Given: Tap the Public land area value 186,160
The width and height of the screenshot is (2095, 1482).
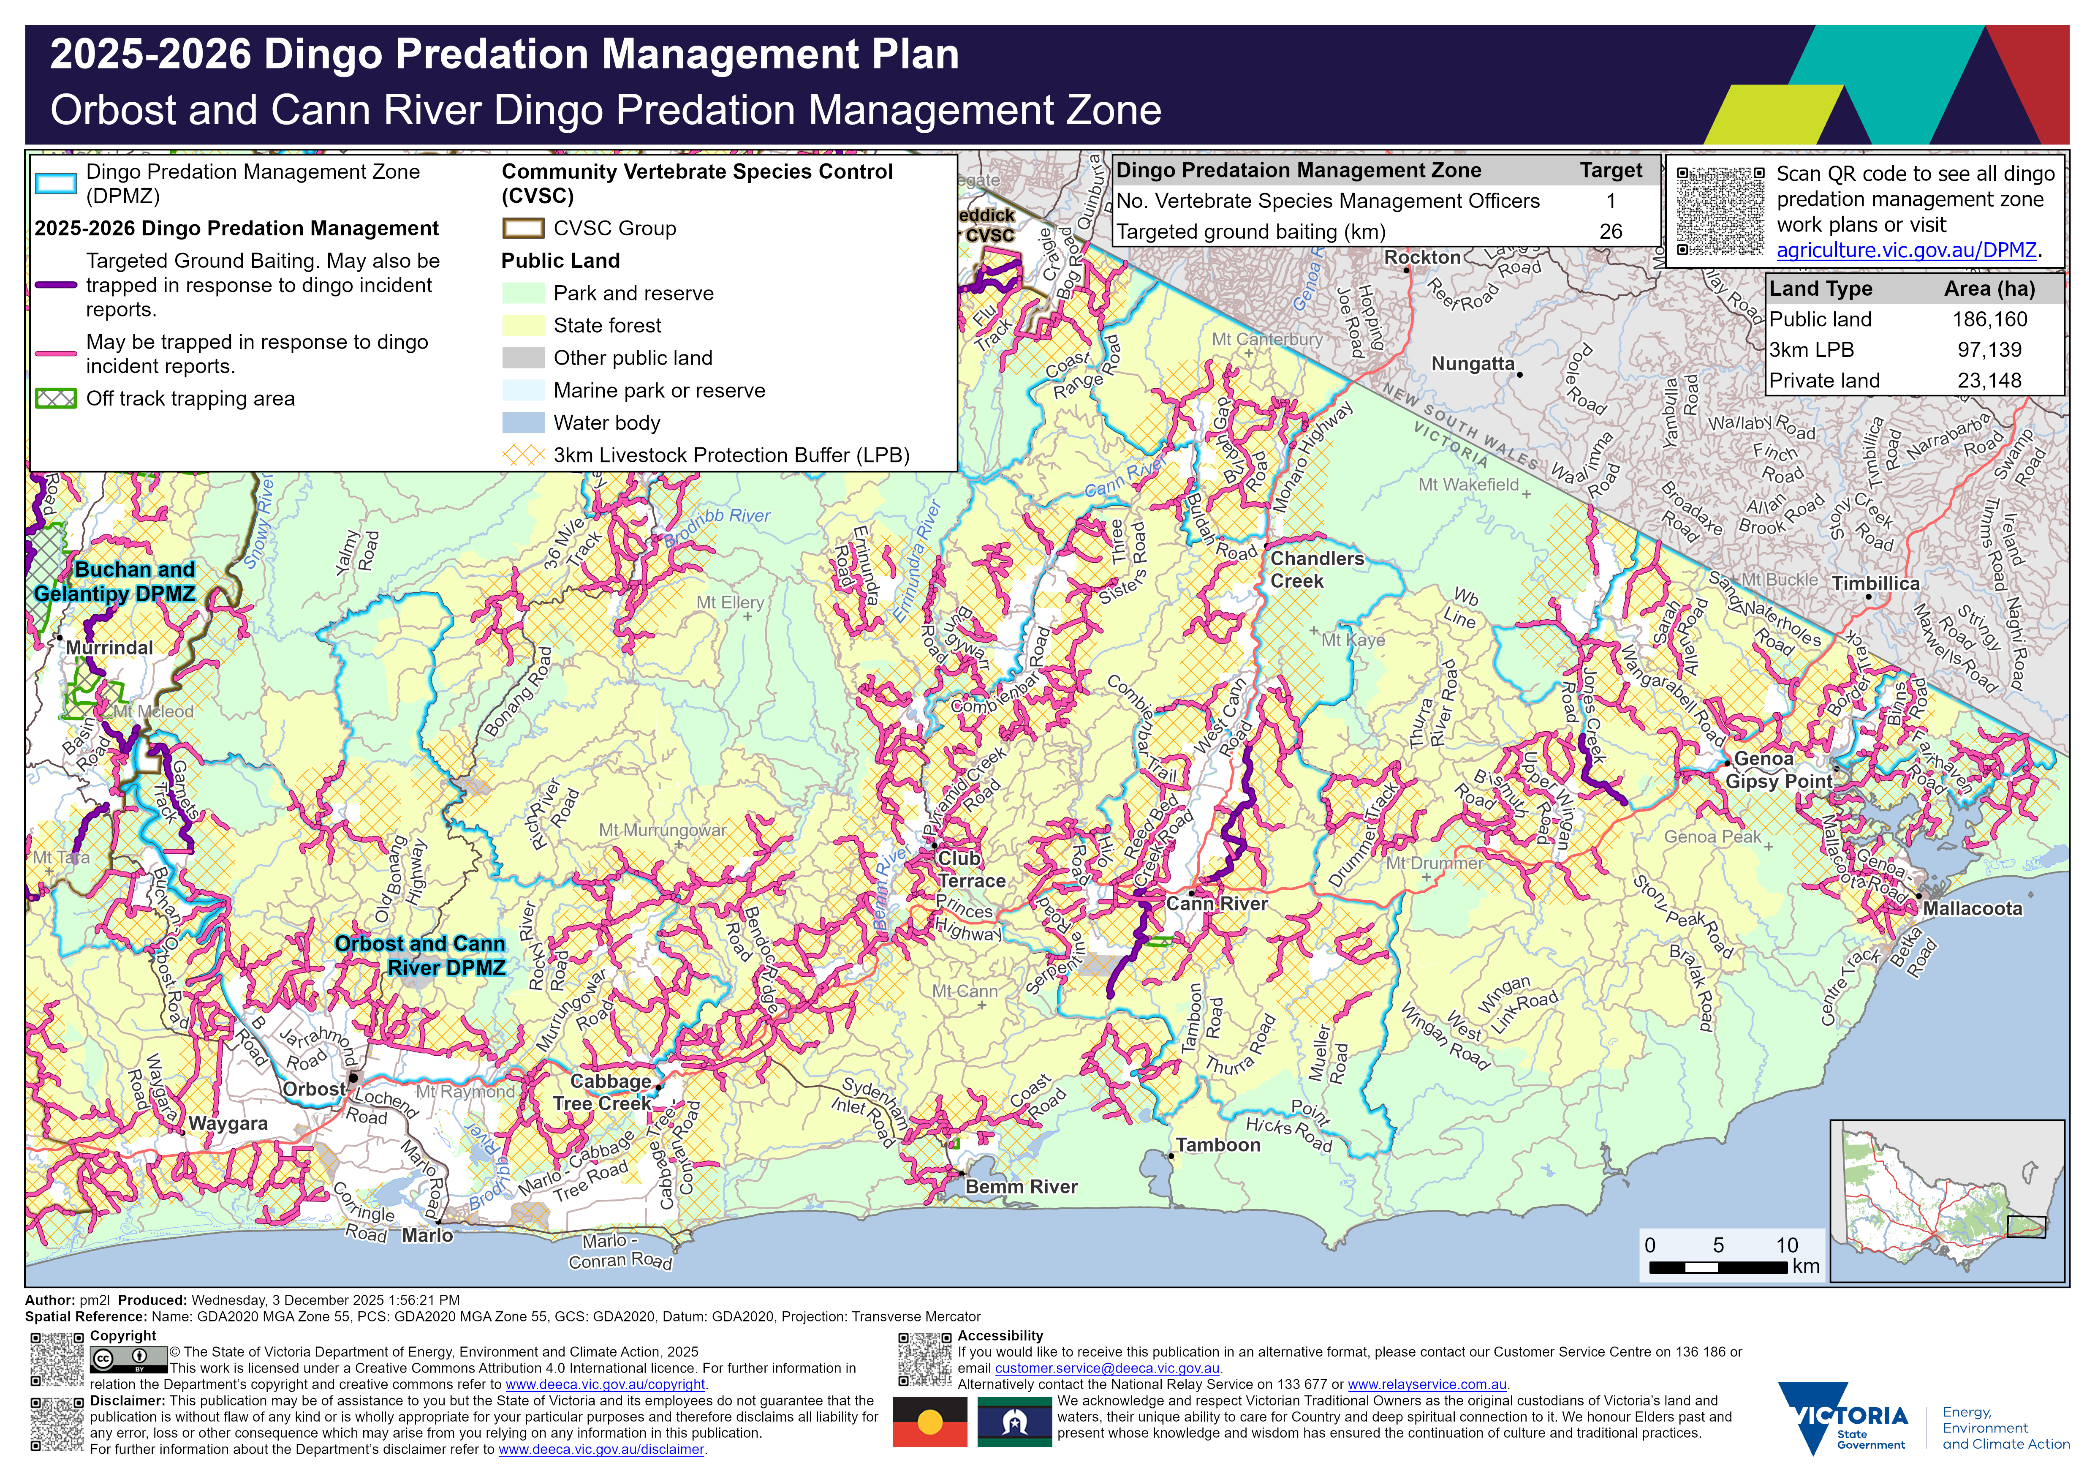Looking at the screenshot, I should coord(1989,319).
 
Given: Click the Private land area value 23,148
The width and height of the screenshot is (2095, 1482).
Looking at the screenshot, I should coord(1989,381).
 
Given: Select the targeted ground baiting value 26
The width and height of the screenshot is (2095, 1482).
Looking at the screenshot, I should coord(1611,232).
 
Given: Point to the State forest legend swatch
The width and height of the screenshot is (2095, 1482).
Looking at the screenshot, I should coord(523,326).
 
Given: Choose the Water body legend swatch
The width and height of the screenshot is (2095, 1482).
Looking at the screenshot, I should coord(523,422).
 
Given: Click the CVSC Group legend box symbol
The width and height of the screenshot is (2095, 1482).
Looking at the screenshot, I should coord(523,228).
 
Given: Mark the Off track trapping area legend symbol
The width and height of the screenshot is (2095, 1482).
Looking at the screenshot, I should coord(56,399).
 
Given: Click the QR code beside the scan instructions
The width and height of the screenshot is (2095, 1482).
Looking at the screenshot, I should coord(1720,211).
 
